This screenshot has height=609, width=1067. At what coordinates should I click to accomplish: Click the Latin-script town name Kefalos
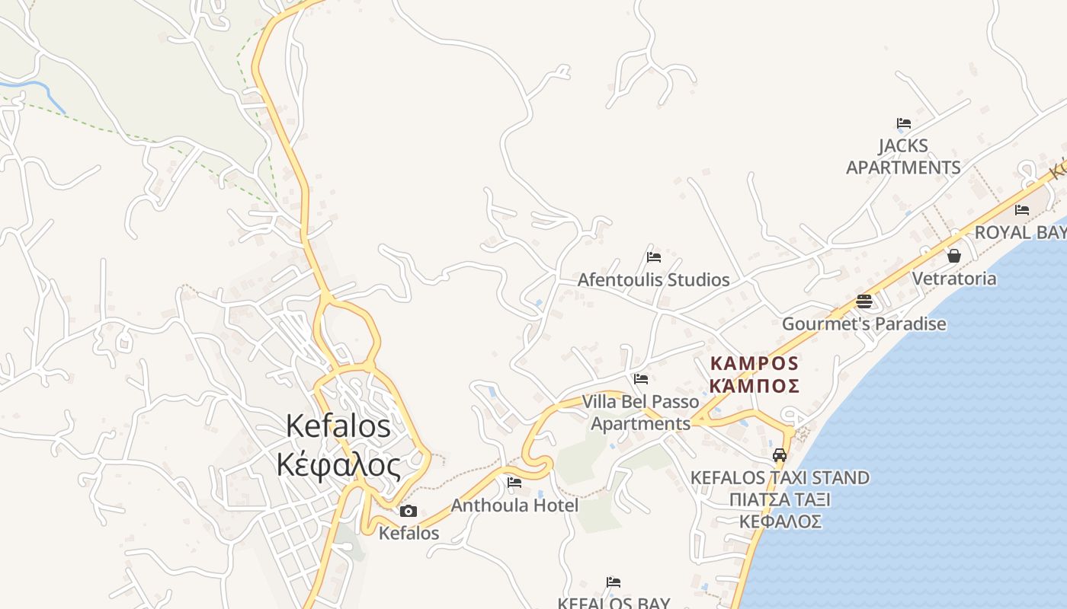[338, 426]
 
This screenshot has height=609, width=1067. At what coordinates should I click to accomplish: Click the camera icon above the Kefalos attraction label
[409, 511]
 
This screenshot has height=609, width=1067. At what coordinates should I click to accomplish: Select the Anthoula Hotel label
[514, 505]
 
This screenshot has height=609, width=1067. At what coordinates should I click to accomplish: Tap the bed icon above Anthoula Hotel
[514, 482]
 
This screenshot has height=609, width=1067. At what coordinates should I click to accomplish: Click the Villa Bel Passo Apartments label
[640, 412]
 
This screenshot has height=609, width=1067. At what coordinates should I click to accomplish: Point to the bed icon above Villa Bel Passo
[641, 378]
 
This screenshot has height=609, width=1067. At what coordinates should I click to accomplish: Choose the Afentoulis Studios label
[653, 280]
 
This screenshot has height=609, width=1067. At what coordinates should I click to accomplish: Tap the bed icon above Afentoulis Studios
[653, 257]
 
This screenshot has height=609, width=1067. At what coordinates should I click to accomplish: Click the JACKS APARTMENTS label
[903, 156]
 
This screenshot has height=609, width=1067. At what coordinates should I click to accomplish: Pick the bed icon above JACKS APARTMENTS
[904, 123]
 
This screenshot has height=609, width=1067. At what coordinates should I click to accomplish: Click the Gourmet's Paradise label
[864, 324]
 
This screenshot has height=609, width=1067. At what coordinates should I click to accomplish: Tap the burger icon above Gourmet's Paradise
[864, 301]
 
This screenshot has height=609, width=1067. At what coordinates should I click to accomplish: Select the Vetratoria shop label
[954, 279]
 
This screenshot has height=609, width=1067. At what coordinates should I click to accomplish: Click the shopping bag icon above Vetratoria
[953, 255]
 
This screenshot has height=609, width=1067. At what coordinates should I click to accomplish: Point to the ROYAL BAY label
[1021, 232]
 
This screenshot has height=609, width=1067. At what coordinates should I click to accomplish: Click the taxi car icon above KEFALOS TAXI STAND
[780, 455]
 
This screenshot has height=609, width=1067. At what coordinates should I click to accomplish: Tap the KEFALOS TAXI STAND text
[780, 478]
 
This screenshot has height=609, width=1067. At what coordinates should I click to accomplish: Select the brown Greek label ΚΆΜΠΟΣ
[754, 385]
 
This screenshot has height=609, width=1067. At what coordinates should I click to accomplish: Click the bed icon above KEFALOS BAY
[614, 582]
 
